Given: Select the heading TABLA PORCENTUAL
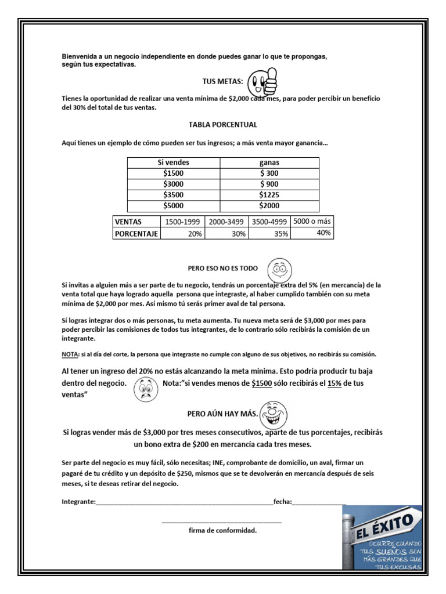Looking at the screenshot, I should pos(222,125).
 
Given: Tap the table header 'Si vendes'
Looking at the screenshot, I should pos(173,162).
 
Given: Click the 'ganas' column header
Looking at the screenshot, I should pos(269,162).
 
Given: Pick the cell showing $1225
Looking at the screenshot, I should pos(269,194).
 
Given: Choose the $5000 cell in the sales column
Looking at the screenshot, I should pos(173,205).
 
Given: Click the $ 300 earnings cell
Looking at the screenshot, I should pos(269,173).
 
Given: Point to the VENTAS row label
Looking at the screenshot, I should pos(129,222).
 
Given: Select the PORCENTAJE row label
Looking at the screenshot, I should pos(136,233).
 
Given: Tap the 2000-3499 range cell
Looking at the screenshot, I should pos(227,222).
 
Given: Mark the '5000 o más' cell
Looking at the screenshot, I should pos(312,221).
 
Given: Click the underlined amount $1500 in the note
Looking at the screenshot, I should pos(262,384).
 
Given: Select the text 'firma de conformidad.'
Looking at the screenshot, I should pos(222,530).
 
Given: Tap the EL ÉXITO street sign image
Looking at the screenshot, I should pos(382,538).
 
